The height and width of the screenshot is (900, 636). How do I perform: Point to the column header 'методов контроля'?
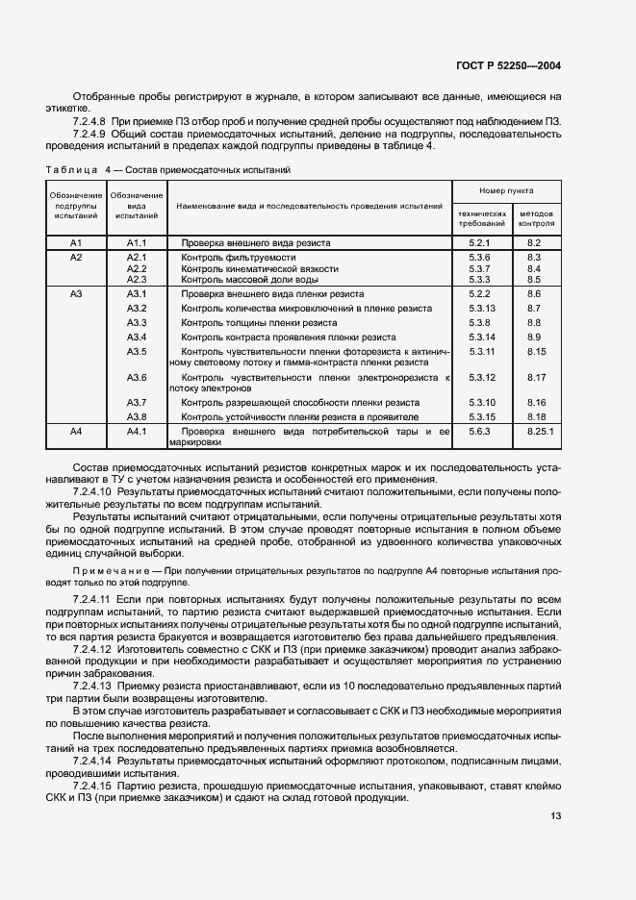536,217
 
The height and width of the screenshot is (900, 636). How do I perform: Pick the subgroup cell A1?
77,243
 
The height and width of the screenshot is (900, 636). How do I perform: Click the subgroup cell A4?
77,432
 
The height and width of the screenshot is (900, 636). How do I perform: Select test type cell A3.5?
136,353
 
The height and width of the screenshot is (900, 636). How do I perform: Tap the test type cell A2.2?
136,268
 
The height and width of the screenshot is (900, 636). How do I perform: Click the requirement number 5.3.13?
480,308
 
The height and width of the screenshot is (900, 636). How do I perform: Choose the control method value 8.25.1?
541,432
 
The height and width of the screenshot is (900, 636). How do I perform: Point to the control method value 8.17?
536,377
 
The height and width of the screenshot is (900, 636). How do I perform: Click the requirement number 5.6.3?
479,432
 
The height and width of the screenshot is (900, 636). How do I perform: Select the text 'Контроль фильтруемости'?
237,258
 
